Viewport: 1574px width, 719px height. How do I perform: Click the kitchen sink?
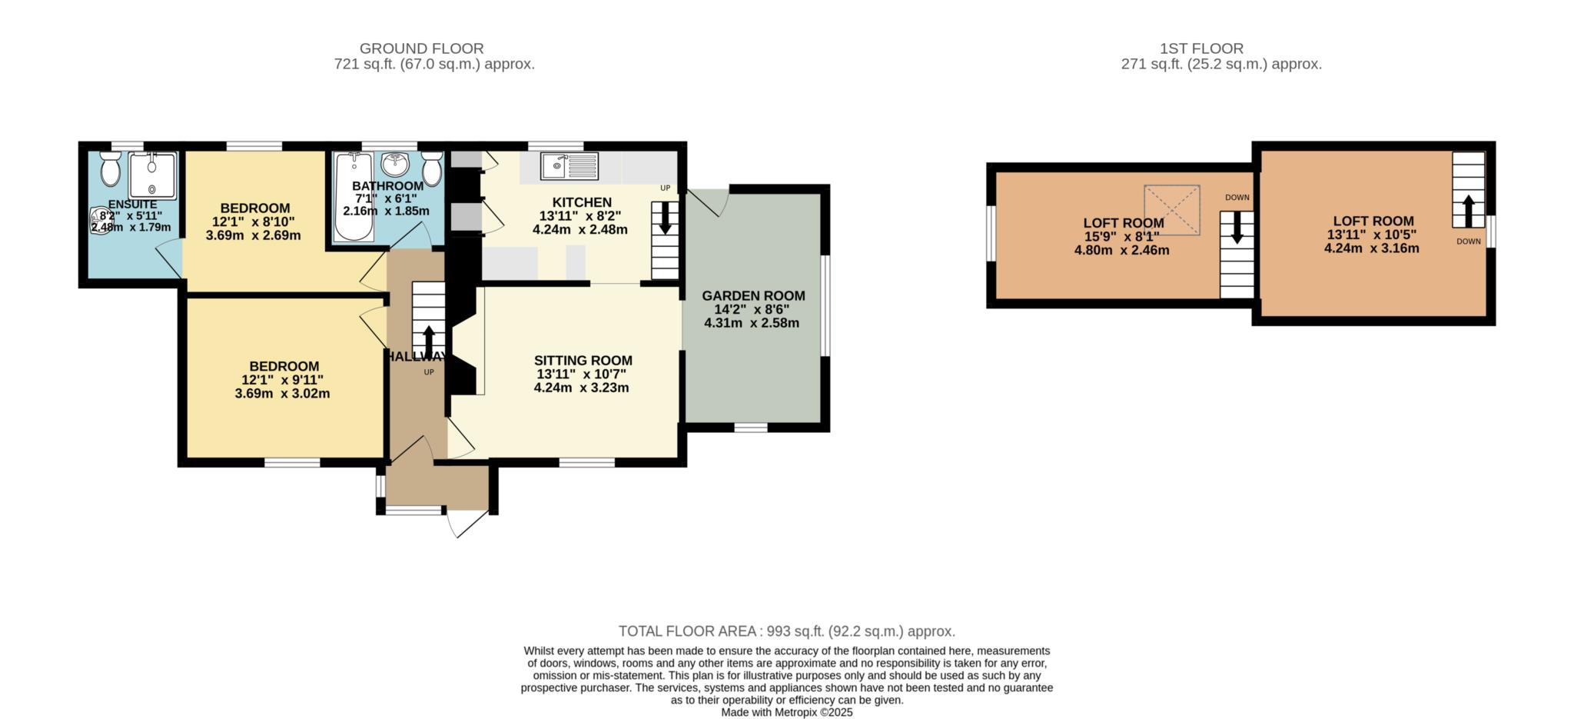pos(569,165)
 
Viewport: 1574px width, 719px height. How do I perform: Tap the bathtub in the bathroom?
pos(354,197)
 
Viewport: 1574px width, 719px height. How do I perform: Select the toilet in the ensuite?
pos(111,167)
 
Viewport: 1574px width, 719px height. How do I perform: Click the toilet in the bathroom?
pos(432,168)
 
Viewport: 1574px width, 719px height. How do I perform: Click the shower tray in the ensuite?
pos(152,175)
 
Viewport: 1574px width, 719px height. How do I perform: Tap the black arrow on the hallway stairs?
pos(428,340)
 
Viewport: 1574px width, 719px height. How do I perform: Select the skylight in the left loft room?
pos(1172,209)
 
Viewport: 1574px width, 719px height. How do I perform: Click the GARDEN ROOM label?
pos(753,296)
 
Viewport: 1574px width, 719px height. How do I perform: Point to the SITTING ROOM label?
pos(583,361)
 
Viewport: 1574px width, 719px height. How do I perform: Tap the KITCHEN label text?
pos(582,202)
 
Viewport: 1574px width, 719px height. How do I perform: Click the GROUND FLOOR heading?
pos(422,48)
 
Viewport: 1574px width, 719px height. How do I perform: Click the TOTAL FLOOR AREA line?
pos(787,631)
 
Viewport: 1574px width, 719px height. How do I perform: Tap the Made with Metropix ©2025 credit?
pos(787,713)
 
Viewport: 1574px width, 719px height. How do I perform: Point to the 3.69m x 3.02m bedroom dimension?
pos(282,394)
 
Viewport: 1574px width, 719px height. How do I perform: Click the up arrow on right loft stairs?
pos(1468,211)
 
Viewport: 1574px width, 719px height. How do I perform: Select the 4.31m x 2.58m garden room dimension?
pos(752,323)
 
